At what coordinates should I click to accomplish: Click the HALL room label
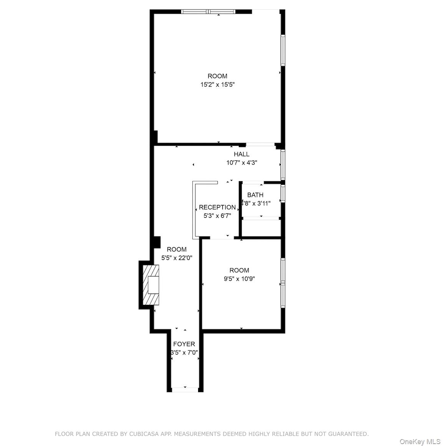point(241,154)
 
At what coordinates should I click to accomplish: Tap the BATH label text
point(255,195)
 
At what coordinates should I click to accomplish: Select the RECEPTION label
point(217,207)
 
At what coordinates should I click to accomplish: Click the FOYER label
point(184,344)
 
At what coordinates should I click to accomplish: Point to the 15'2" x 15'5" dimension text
point(217,84)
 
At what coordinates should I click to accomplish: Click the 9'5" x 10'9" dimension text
point(240,279)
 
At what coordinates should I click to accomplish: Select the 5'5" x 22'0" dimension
point(177,258)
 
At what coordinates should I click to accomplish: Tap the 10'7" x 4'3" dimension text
point(241,162)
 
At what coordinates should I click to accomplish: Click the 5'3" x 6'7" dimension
point(217,216)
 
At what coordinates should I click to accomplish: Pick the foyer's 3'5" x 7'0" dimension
point(184,352)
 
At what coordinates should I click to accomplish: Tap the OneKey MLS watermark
point(420,442)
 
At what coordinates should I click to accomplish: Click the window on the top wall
point(208,12)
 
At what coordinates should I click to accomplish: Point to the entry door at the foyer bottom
point(185,390)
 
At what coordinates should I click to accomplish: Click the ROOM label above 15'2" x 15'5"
point(217,76)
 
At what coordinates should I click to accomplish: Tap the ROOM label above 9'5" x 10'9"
point(240,270)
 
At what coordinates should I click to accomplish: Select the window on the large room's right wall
point(283,50)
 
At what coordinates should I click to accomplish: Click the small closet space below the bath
point(261,228)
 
